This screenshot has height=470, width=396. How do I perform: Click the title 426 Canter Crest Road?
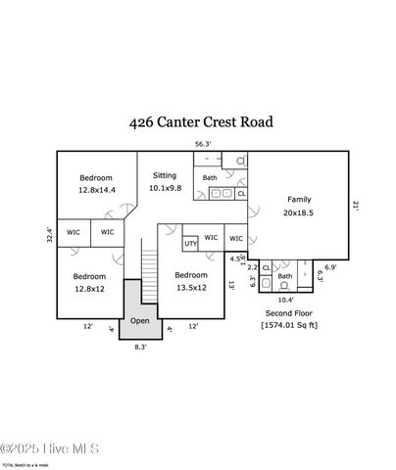201,122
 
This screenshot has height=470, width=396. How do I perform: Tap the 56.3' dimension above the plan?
201,143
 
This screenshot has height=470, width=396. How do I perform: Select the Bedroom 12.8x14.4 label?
95,183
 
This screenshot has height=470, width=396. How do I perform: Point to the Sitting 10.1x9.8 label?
165,181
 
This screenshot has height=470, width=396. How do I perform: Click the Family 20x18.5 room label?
299,205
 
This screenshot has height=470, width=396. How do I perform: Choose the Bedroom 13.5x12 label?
190,282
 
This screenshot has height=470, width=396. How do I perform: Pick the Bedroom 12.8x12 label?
89,283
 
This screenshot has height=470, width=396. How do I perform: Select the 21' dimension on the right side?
356,206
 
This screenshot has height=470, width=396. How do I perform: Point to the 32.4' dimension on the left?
49,235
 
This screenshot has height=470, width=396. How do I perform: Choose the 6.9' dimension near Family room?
331,266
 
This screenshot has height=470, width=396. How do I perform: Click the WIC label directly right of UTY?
235,238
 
